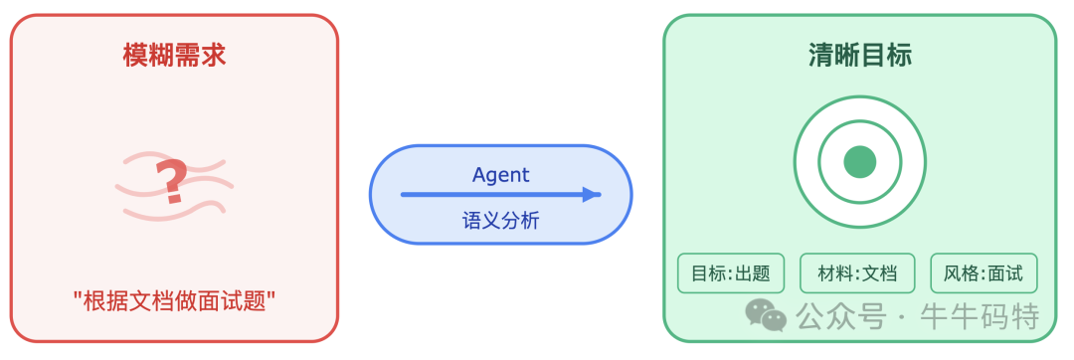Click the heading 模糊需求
(x=174, y=56)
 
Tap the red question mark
(x=173, y=182)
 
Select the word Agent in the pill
(x=500, y=175)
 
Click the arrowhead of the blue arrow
(x=593, y=195)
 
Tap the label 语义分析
(x=500, y=220)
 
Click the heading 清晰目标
(x=860, y=56)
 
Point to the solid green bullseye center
(x=859, y=161)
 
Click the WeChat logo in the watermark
(x=766, y=315)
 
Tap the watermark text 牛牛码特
(x=980, y=317)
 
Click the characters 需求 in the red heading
(x=200, y=56)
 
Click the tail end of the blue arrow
(x=405, y=195)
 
